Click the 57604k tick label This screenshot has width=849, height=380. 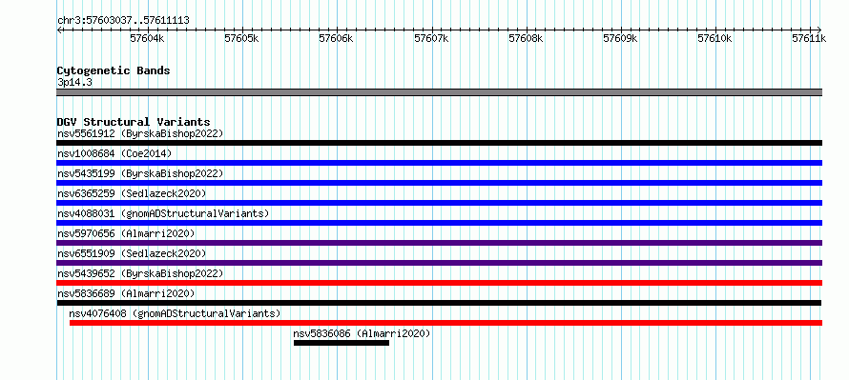tap(147, 38)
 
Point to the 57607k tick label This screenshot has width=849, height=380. tap(431, 38)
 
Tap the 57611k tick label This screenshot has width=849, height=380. tap(809, 38)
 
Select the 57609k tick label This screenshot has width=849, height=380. tap(620, 38)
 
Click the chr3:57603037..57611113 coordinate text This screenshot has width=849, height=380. tap(123, 21)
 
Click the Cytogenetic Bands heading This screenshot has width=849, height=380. tap(114, 70)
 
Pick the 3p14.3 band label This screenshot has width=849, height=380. tap(74, 82)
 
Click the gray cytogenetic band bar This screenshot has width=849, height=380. tap(439, 92)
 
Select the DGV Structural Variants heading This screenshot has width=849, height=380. tap(134, 122)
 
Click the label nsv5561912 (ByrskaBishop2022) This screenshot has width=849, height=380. tap(140, 133)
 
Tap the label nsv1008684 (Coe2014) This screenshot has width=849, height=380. tap(114, 153)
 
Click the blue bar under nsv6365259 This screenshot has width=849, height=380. tap(439, 203)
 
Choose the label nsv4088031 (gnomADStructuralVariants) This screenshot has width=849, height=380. tap(163, 213)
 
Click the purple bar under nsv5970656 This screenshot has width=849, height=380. tap(439, 243)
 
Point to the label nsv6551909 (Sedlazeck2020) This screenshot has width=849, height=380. tap(132, 253)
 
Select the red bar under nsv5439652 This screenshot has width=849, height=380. tap(439, 283)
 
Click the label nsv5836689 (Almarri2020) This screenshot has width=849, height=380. tap(126, 293)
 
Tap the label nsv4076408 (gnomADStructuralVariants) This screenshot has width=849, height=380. tap(175, 313)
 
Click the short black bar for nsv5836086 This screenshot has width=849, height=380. tap(342, 343)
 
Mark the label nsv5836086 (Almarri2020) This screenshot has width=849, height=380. tap(362, 333)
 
